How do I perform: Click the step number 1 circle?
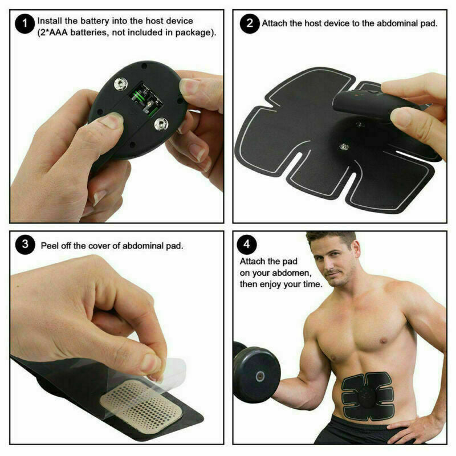[x=25, y=24]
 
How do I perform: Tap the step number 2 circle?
[x=250, y=23]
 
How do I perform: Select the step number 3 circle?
[x=25, y=245]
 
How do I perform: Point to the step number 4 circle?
[x=247, y=245]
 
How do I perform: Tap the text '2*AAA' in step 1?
[x=53, y=32]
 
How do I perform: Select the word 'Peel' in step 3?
[x=50, y=246]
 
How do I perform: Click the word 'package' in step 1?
[x=194, y=32]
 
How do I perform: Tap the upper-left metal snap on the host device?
[x=120, y=84]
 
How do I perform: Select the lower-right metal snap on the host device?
[x=161, y=124]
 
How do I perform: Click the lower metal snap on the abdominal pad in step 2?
[x=344, y=146]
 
